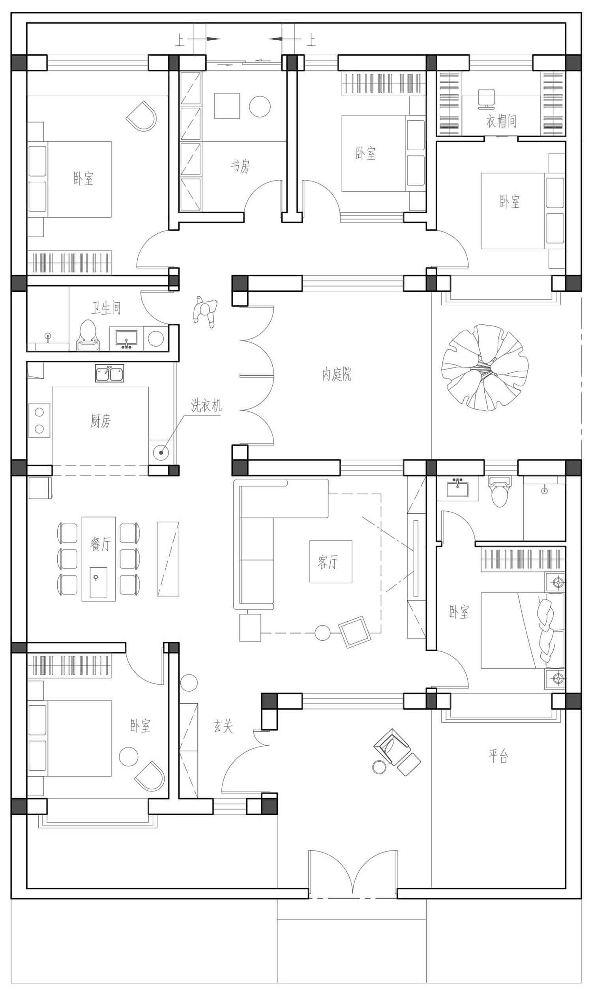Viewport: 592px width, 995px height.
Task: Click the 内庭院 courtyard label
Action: tap(337, 375)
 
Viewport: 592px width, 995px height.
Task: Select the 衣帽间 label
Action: tap(501, 121)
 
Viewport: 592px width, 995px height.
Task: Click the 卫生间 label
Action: tap(106, 307)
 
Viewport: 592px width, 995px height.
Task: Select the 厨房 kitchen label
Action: tap(100, 421)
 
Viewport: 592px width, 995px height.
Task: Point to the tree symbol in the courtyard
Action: tap(485, 368)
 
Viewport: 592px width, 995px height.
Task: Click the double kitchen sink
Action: tap(109, 373)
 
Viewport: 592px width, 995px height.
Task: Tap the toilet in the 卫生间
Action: tap(88, 335)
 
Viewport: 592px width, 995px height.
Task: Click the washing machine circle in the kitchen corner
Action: tap(161, 452)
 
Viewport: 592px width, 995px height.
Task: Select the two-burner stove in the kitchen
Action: tap(39, 420)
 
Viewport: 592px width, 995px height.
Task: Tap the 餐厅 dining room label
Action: tap(101, 544)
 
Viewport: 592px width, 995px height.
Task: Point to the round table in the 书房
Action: tap(260, 106)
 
